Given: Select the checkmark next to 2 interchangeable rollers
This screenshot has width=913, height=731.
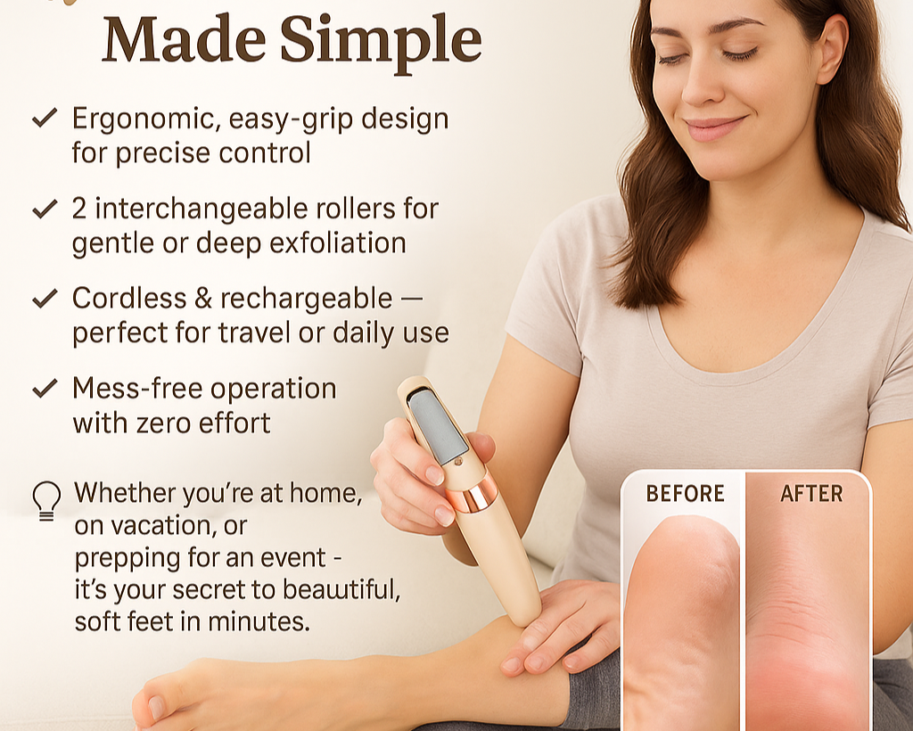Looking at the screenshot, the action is pos(45,209).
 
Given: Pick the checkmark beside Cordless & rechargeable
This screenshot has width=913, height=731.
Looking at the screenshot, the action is pos(45,298).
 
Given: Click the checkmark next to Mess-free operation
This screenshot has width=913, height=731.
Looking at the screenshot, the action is pos(45,388).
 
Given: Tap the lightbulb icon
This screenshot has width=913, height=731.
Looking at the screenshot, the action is pos(46,500).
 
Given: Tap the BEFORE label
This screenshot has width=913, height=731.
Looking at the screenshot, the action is pos(686,494).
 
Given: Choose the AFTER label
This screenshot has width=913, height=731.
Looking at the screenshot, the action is pos(811,494).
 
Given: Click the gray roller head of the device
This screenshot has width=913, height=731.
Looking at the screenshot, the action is pos(438,425).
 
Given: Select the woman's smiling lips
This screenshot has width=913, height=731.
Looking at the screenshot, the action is pos(715,128).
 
